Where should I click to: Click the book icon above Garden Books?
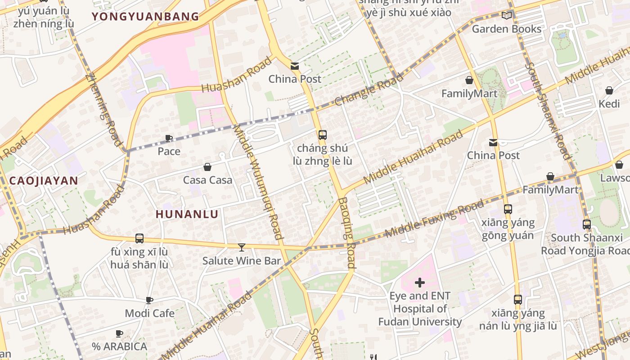(x=507, y=16)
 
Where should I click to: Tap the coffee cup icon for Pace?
(x=169, y=138)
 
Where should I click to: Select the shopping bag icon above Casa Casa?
(x=207, y=167)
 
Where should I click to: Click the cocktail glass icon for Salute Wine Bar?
(x=242, y=247)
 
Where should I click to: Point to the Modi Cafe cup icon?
(x=149, y=300)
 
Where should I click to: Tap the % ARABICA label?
(x=120, y=346)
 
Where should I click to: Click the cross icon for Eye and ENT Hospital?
(x=420, y=283)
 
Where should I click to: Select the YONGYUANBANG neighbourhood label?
(x=145, y=17)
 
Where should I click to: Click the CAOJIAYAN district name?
(x=44, y=181)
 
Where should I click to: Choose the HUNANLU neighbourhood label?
(x=187, y=214)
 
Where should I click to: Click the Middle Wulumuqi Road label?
(x=258, y=182)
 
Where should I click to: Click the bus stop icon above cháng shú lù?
(x=322, y=135)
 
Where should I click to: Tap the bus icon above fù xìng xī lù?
(x=139, y=238)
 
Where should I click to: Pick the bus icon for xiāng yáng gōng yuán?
(x=508, y=209)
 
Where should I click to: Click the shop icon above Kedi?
(x=609, y=90)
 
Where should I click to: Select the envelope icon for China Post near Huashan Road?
(x=295, y=66)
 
